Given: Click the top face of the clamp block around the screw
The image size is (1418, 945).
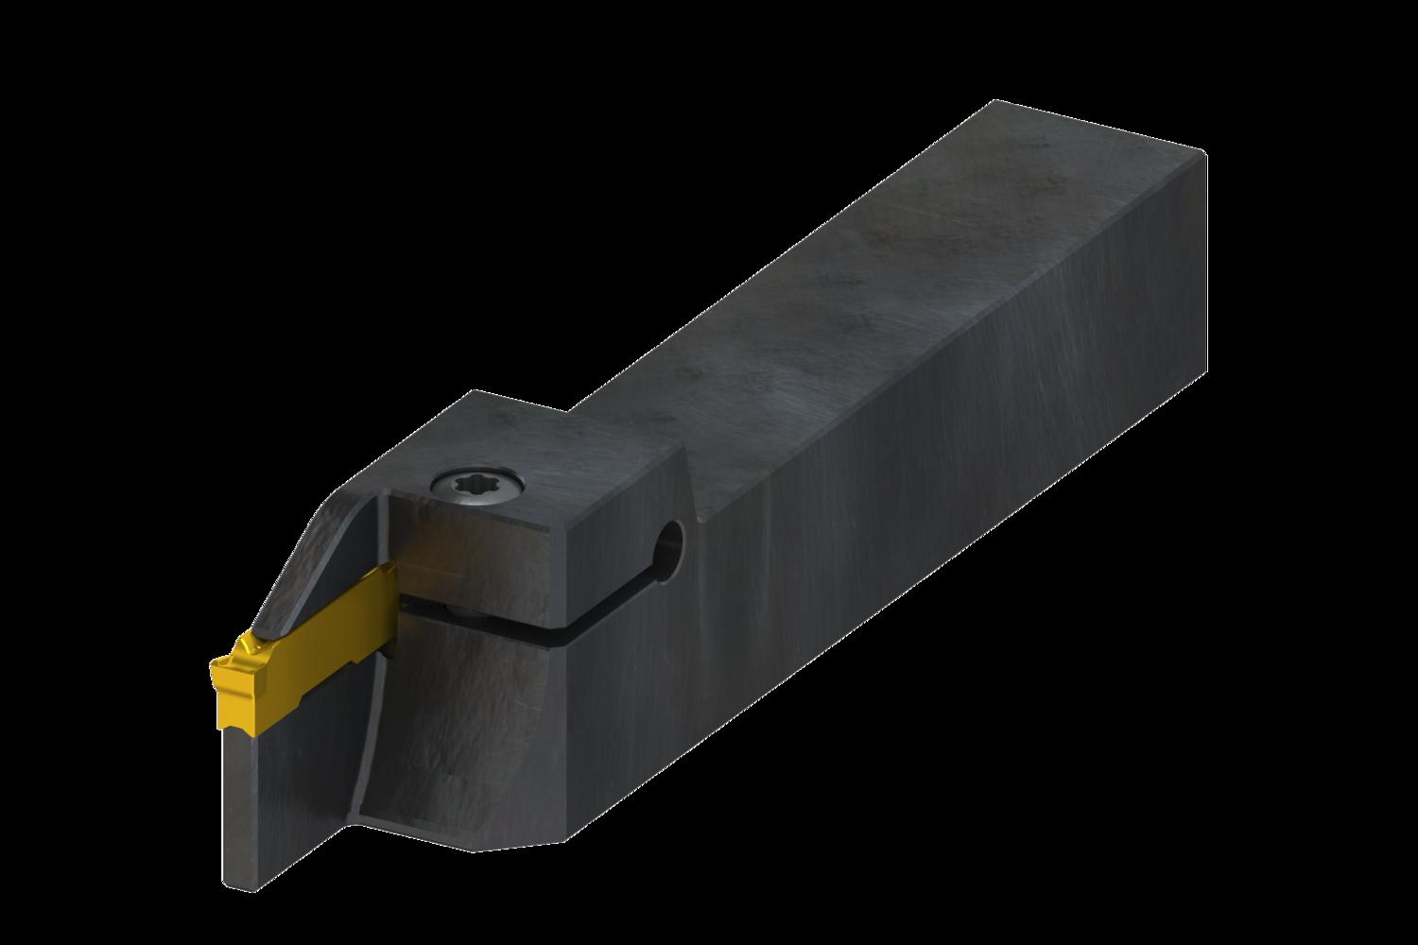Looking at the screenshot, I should [x=529, y=454].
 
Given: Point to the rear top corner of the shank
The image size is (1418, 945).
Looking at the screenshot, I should [x=1205, y=151].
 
